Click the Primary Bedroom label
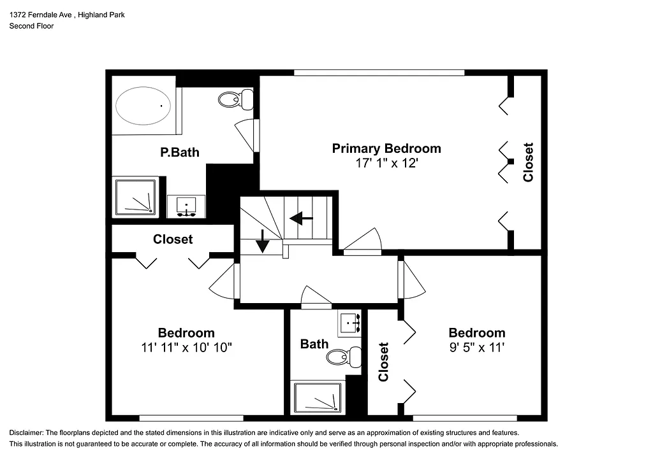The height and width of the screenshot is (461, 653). click(386, 148)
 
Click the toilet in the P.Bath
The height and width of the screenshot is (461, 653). click(235, 99)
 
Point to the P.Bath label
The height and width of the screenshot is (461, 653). click(179, 152)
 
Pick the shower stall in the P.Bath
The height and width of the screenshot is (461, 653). click(135, 196)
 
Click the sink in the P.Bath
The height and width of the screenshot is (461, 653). click(186, 206)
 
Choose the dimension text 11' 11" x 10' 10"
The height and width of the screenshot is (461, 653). click(186, 348)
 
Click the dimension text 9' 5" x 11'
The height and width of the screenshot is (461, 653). click(476, 348)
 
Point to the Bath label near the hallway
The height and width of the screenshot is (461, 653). click(314, 344)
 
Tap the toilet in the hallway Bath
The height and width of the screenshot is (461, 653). click(344, 357)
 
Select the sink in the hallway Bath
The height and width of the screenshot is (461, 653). click(349, 323)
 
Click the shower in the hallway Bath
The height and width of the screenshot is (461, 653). click(317, 398)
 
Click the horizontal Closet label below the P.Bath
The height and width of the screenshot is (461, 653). click(173, 239)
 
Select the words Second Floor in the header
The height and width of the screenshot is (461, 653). click(31, 26)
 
